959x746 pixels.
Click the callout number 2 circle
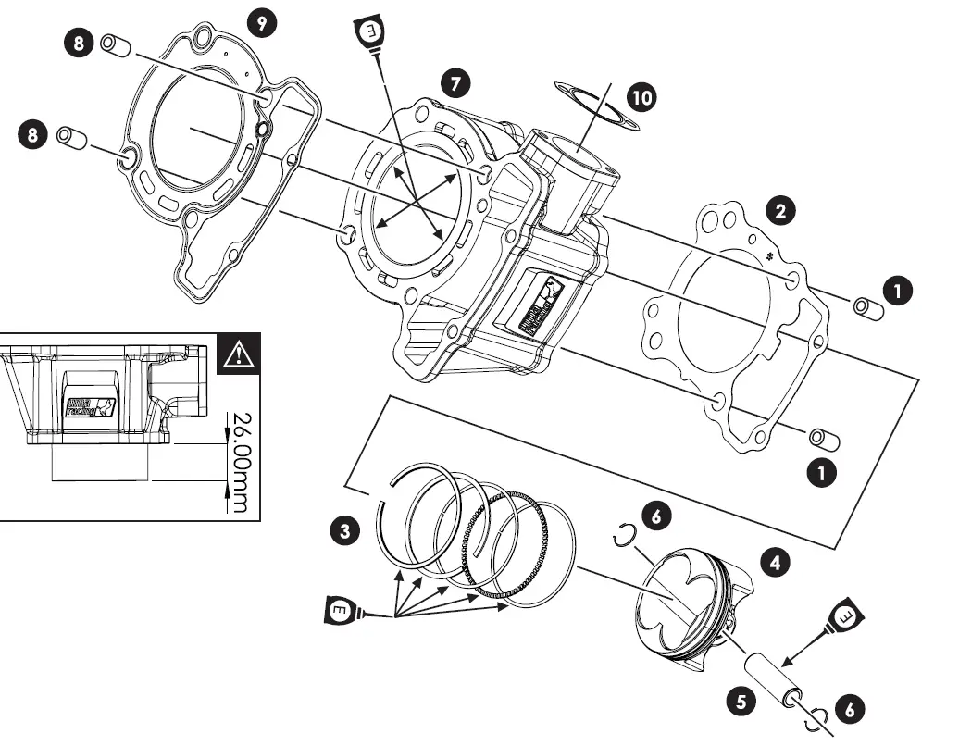[780, 211]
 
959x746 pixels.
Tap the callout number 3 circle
[345, 531]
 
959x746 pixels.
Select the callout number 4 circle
[775, 561]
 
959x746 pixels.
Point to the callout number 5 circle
[740, 702]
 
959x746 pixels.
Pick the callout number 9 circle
[264, 23]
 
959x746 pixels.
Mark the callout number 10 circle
[640, 96]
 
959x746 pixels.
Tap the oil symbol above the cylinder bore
[371, 32]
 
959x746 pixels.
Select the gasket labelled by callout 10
[592, 106]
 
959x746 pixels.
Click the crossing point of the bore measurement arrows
[413, 197]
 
